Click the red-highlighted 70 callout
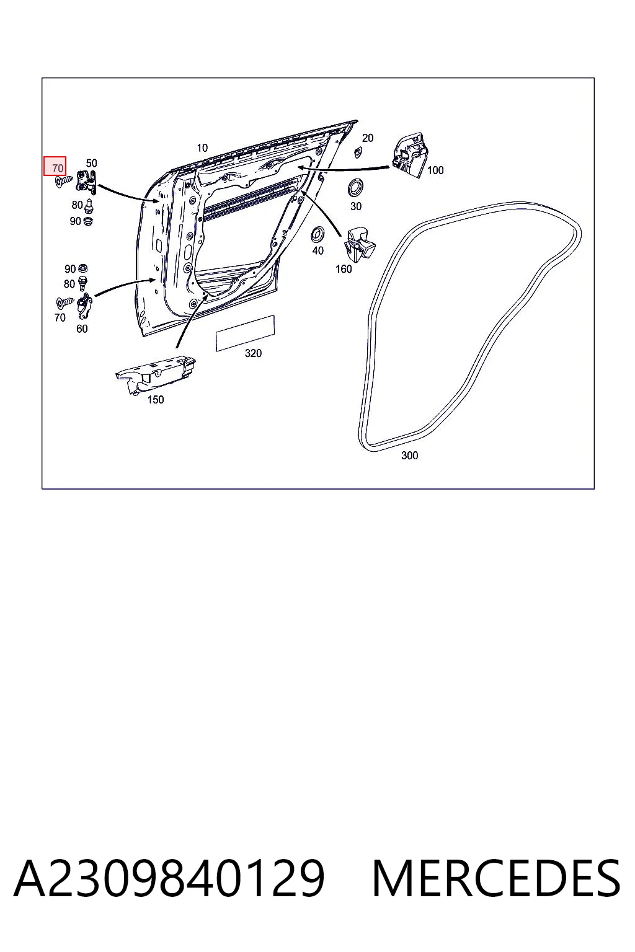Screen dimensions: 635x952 point(55,165)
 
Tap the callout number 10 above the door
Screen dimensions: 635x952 point(202,148)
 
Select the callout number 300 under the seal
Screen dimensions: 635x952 point(409,456)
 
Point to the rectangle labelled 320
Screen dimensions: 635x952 point(245,333)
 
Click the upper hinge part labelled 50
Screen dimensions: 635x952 point(86,182)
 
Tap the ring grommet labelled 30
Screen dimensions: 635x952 point(355,188)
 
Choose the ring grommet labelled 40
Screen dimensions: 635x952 point(317,235)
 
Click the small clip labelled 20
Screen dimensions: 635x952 point(357,151)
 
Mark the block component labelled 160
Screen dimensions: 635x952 point(360,244)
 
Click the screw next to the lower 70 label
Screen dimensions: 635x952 point(65,302)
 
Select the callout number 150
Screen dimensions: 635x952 point(156,400)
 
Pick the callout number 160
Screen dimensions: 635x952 point(344,269)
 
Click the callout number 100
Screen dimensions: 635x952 point(435,170)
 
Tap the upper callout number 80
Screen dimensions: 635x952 point(77,205)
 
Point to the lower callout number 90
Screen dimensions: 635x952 point(70,269)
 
